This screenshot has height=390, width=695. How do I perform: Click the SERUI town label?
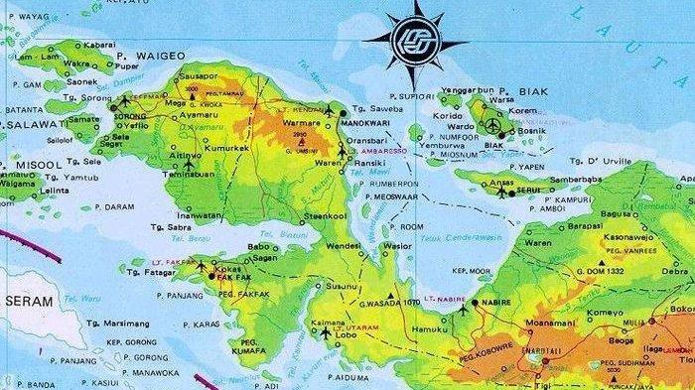(x=530, y=191)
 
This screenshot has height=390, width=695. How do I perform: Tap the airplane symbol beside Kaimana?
(x=326, y=333)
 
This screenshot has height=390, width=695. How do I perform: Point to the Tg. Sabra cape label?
(x=161, y=226)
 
